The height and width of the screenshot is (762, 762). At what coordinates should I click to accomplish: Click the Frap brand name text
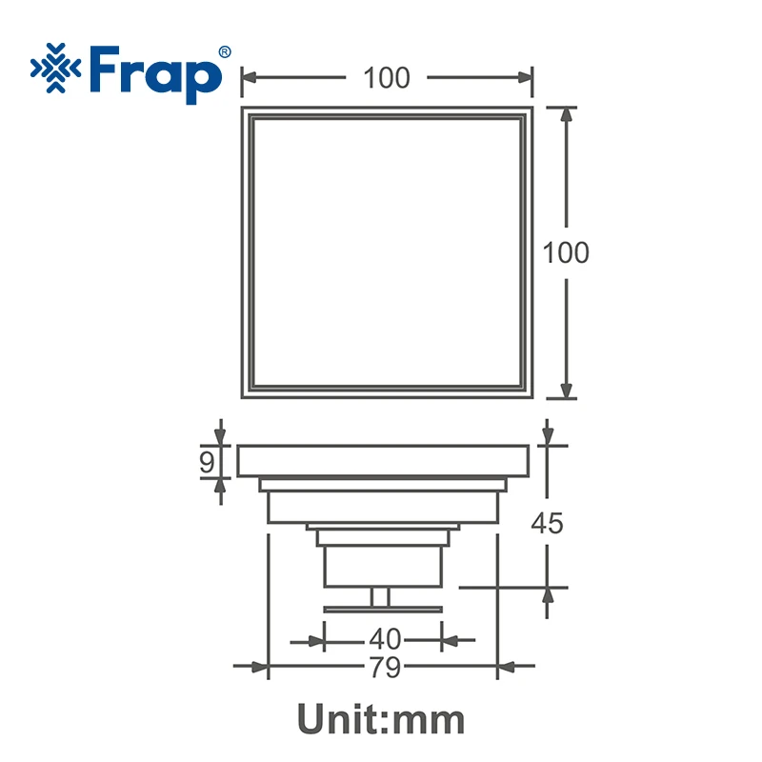pos(155,74)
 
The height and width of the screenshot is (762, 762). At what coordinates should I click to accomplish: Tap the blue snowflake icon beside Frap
pos(55,68)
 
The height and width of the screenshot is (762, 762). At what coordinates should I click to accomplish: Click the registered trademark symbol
pos(225,52)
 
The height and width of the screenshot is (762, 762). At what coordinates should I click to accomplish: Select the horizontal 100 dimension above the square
pos(387,78)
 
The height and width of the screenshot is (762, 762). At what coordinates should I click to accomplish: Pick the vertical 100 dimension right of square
pos(566,252)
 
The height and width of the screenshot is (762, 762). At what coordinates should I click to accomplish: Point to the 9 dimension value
pos(207,462)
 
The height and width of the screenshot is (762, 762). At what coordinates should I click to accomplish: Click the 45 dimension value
pos(547,523)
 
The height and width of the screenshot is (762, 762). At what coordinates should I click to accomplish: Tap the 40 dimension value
pos(385,639)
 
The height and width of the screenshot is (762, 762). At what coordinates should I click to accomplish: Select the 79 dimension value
pos(385,667)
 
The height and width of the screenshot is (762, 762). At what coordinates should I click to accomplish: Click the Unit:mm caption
pos(381,719)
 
